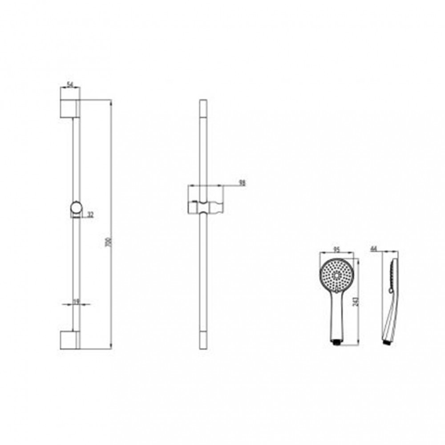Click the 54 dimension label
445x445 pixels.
pos(70,84)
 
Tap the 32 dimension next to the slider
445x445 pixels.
pos(90,215)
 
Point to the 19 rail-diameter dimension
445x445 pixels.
pos(76,301)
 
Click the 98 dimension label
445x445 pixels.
pos(242,182)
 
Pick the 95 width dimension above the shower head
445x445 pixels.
pos(337,250)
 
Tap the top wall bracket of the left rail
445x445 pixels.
pos(69,109)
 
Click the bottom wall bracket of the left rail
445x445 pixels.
pos(69,340)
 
